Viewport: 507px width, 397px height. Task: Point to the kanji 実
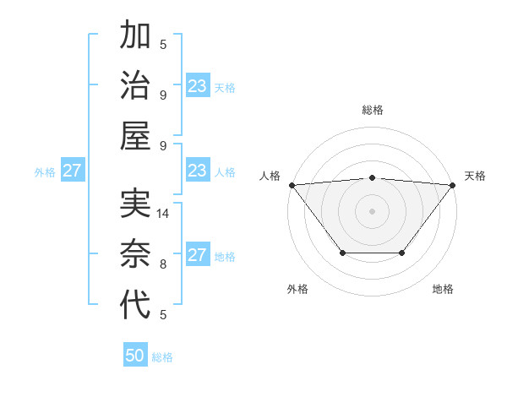coord(135,205)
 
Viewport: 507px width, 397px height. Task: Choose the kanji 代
coord(135,305)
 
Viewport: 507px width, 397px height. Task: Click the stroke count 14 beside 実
coord(163,214)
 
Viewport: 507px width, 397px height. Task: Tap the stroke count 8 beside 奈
coord(163,264)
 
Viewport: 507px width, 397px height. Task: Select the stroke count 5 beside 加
coord(163,44)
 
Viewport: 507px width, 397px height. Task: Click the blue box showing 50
coord(135,356)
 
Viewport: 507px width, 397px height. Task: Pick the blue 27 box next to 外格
coord(72,171)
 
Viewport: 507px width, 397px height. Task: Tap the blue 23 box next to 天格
coord(198,85)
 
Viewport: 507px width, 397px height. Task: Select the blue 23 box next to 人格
coord(198,171)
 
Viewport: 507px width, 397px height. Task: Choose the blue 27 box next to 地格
coord(198,255)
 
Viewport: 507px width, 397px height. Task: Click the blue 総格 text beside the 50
coord(162,357)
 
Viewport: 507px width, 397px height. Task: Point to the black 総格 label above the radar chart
coord(372,110)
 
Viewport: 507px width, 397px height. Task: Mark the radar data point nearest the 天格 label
coord(453,184)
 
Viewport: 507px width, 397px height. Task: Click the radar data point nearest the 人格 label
coord(292,184)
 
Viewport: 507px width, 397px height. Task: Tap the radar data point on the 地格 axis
coord(402,253)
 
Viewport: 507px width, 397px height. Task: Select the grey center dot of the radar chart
coord(372,210)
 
